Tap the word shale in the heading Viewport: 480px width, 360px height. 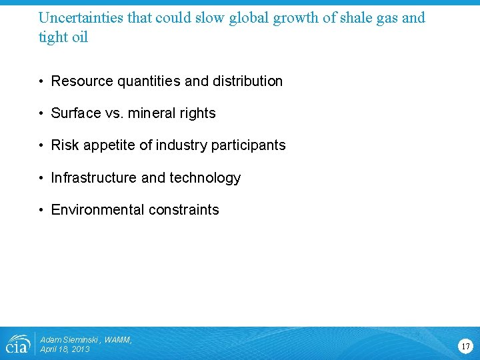(x=344, y=17)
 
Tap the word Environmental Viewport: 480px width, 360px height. (x=97, y=210)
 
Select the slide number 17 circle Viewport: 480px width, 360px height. (x=465, y=346)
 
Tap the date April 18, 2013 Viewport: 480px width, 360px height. (x=65, y=349)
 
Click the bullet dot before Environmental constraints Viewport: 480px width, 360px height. (x=41, y=210)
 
